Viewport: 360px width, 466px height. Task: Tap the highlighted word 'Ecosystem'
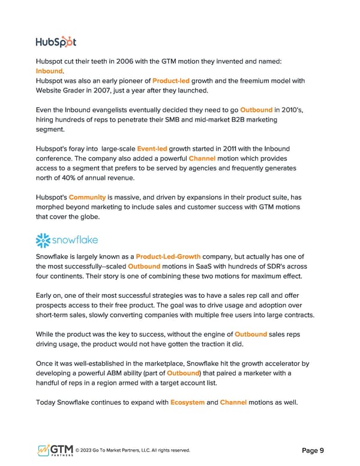[188, 402]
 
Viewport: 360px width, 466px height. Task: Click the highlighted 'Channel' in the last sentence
[233, 402]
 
